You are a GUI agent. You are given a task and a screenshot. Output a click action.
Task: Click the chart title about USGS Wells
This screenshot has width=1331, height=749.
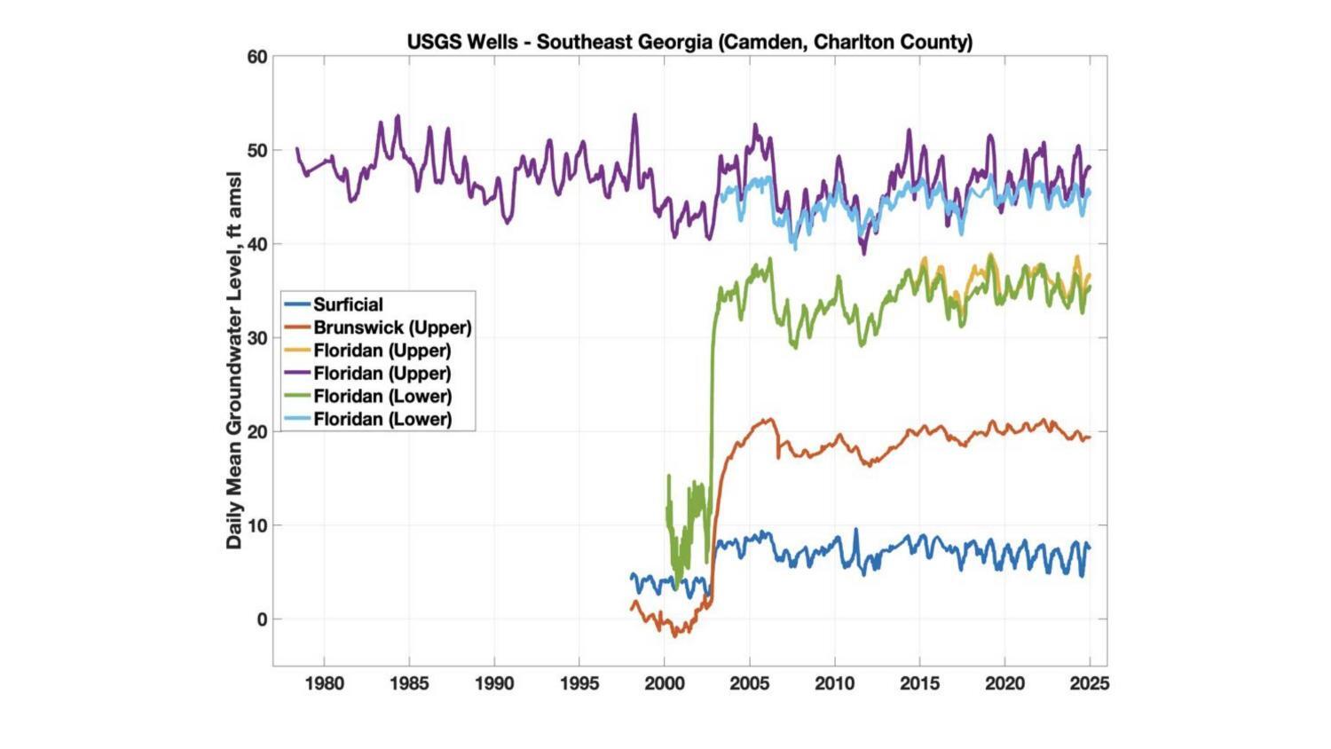689,42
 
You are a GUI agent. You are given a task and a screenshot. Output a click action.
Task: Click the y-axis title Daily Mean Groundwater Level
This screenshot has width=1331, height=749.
234,359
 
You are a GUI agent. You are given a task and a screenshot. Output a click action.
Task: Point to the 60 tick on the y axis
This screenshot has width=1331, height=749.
257,58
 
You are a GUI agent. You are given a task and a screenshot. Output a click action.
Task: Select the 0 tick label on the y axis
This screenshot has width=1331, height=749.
262,619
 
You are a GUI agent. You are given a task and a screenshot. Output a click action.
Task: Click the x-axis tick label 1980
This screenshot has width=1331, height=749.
324,683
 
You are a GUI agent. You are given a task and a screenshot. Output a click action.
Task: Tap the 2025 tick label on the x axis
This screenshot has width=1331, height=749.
1089,683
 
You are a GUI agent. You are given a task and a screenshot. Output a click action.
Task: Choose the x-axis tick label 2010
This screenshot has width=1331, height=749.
834,683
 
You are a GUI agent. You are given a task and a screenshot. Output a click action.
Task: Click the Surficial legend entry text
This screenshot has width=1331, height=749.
348,304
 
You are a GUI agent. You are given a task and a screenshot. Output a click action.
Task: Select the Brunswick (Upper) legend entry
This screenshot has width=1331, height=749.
392,327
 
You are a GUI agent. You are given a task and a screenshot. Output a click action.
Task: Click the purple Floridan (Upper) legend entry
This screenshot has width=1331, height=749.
382,374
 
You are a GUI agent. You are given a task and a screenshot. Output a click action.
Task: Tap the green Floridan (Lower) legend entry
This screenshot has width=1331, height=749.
382,397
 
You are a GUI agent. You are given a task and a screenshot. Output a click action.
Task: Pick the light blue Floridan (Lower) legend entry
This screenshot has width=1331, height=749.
382,420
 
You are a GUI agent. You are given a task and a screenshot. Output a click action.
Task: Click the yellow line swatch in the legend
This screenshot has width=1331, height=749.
296,351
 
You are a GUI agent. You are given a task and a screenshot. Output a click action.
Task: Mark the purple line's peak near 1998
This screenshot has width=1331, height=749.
634,114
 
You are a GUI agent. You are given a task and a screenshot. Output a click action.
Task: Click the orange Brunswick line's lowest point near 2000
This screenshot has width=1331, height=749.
674,635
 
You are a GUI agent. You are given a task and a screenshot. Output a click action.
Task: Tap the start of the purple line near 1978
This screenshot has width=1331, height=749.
296,148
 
